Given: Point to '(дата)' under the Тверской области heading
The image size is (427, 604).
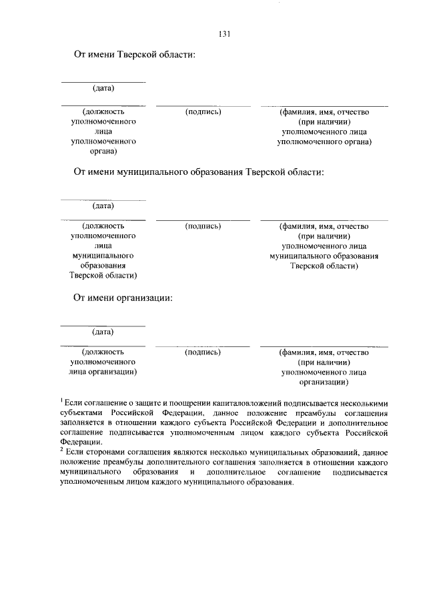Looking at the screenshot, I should click(x=103, y=88).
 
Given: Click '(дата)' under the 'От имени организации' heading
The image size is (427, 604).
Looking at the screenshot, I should click(x=103, y=331).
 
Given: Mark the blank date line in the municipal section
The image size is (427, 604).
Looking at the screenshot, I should click(x=103, y=200).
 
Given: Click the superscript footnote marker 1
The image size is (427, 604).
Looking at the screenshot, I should click(x=61, y=400).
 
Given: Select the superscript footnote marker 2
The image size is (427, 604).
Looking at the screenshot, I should click(x=61, y=450).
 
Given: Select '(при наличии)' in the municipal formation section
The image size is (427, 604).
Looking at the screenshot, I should click(x=324, y=236).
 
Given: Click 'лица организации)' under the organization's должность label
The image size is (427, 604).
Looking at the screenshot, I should click(x=103, y=372).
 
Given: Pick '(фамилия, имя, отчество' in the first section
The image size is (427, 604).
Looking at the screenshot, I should click(x=324, y=112).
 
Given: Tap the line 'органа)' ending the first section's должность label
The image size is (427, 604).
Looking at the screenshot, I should click(x=103, y=152).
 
